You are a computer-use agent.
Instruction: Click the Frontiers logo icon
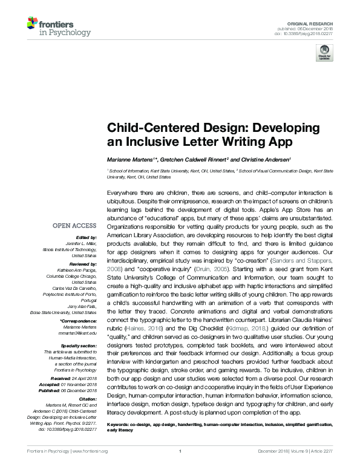[x=33, y=25]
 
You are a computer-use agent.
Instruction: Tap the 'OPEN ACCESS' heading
[x=75, y=225]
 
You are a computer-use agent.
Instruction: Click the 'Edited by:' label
[x=86, y=238]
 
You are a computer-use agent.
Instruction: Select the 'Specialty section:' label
[x=78, y=346]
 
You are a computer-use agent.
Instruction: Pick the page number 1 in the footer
[x=180, y=468]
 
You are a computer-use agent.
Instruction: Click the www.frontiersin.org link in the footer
[x=90, y=468]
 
